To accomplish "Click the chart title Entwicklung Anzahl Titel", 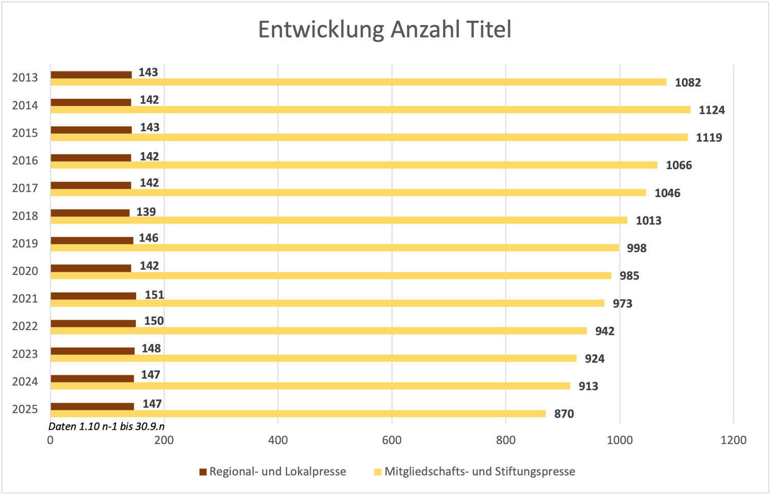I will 384,30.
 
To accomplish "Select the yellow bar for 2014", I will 370,110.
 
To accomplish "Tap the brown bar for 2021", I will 93,296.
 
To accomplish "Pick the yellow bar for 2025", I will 298,414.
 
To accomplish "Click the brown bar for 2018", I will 90,213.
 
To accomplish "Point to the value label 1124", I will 711,110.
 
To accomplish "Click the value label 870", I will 564,414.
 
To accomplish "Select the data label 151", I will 154,295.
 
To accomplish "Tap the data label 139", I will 146,212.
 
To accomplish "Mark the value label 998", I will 636,248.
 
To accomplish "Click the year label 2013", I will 25,78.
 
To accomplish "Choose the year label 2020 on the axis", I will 25,271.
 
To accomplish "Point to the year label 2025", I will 25,409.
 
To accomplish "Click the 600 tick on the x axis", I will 392,440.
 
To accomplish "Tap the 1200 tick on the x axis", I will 733,440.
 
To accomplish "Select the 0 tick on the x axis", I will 50,440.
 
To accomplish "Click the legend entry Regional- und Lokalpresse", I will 278,471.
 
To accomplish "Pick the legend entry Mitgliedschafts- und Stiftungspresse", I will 480,471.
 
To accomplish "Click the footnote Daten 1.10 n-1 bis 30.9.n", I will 106,426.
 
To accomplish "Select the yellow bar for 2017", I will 348,193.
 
